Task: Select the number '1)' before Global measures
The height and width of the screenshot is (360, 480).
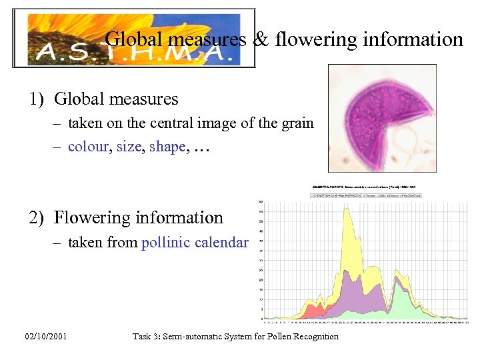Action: click(x=37, y=99)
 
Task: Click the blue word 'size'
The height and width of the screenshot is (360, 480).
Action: click(x=129, y=147)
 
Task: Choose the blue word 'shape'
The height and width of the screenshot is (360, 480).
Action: click(x=167, y=147)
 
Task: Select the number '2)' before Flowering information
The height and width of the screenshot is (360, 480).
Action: click(x=37, y=218)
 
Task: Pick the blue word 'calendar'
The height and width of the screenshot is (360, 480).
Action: click(x=221, y=243)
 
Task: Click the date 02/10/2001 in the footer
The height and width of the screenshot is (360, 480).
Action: click(x=44, y=337)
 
